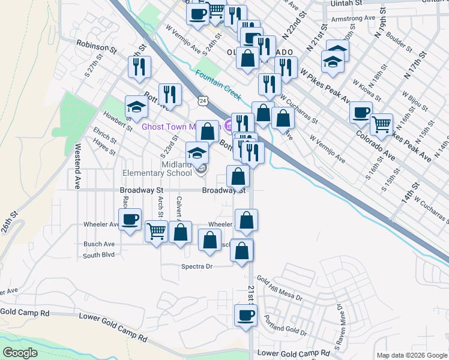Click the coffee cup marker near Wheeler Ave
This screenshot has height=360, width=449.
point(130,220)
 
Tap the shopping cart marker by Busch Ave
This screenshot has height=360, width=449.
point(156,231)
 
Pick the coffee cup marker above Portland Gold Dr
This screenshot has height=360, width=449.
point(245,316)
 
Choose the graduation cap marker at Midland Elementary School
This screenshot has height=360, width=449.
point(197,154)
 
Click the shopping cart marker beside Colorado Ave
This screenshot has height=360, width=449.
point(381,125)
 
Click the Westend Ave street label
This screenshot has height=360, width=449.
point(77,166)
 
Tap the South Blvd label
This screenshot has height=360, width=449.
point(98,255)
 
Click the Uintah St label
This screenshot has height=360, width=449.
point(349,3)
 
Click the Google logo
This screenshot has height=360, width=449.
point(20,353)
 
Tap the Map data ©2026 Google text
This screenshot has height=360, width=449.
point(412,355)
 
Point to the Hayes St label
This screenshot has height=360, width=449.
point(104,149)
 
